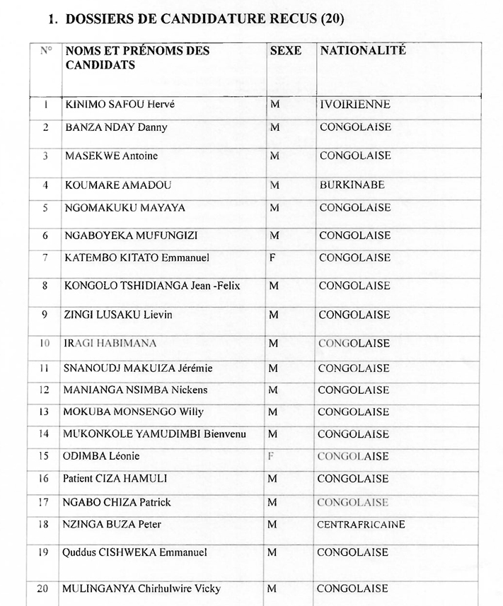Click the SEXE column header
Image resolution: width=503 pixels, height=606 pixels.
285,52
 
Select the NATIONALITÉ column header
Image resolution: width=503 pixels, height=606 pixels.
363,52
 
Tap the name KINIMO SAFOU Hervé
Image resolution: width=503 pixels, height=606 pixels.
119,105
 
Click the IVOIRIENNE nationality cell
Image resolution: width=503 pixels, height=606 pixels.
354,105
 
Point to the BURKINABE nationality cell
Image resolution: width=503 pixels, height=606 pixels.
352,185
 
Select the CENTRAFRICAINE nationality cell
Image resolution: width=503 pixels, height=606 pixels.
361,525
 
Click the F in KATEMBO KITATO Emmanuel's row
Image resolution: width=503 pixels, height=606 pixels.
272,258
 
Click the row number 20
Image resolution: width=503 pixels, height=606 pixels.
42,588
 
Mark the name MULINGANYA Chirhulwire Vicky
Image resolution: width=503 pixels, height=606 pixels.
141,588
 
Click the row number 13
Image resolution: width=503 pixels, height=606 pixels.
44,412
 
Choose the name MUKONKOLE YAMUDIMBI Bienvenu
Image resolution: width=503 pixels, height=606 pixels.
154,434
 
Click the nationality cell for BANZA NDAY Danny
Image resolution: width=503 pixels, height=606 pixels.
354,128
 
